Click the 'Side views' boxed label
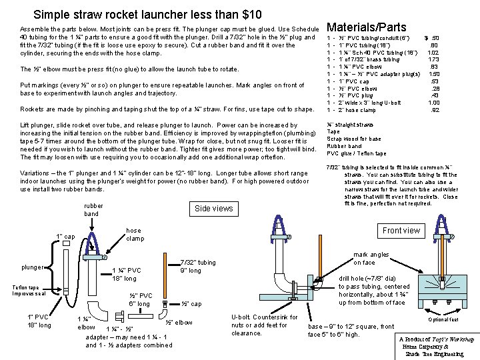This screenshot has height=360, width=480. coord(213,209)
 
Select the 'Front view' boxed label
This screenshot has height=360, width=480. coord(401,231)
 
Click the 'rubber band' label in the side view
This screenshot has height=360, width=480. coord(91,209)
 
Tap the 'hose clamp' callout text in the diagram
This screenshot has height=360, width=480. coord(135,234)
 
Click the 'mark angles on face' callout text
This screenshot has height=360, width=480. coord(371,258)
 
